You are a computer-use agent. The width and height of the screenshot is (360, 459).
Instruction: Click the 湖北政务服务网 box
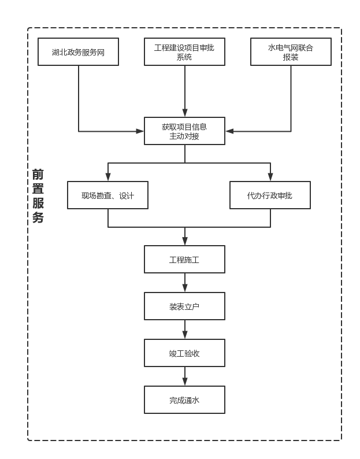click(x=78, y=52)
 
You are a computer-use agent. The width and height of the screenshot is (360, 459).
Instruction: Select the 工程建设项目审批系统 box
click(x=184, y=52)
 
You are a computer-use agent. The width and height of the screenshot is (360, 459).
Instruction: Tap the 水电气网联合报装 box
click(x=291, y=52)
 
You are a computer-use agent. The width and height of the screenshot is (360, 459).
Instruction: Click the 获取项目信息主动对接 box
click(x=184, y=131)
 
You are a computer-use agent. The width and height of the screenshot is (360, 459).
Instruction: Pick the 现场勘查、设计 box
click(x=107, y=195)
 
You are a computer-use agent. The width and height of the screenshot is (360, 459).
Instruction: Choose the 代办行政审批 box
click(x=270, y=195)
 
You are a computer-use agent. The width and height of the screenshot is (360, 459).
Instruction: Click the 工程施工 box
click(x=184, y=260)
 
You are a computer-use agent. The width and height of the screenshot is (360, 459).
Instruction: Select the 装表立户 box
click(x=184, y=306)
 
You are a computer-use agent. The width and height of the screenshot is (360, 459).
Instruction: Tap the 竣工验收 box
click(x=184, y=353)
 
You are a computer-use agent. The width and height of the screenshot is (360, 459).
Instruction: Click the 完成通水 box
click(x=184, y=400)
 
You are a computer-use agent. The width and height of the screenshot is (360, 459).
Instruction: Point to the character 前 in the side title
click(x=38, y=175)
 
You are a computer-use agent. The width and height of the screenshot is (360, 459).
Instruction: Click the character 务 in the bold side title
click(x=38, y=218)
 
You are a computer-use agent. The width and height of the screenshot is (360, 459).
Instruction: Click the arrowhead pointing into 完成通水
click(x=185, y=382)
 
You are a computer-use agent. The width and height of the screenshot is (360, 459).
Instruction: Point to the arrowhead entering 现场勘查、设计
click(x=108, y=177)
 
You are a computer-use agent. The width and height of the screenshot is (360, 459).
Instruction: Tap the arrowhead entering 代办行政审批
click(x=270, y=177)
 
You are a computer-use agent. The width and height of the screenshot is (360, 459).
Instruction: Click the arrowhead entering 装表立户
click(x=185, y=288)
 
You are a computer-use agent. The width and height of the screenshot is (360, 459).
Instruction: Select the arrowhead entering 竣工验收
click(x=185, y=335)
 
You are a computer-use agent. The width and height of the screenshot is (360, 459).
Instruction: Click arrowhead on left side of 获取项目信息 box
click(x=140, y=131)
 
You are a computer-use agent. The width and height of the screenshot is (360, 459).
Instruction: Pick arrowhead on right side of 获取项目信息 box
click(x=229, y=131)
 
